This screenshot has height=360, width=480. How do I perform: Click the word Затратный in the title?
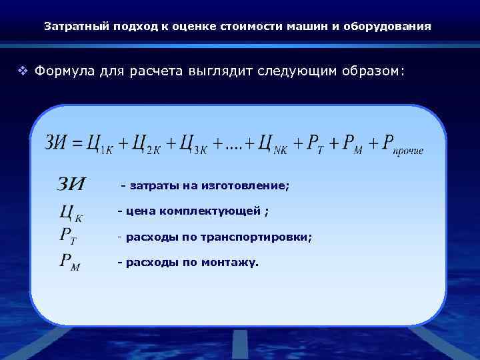tap(70, 27)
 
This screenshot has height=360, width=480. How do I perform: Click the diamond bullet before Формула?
tap(23, 71)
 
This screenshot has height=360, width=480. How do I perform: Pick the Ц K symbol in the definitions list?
tap(71, 213)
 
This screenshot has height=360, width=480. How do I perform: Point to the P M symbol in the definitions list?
tap(70, 263)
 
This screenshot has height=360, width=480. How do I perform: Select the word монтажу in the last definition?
tap(233, 262)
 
